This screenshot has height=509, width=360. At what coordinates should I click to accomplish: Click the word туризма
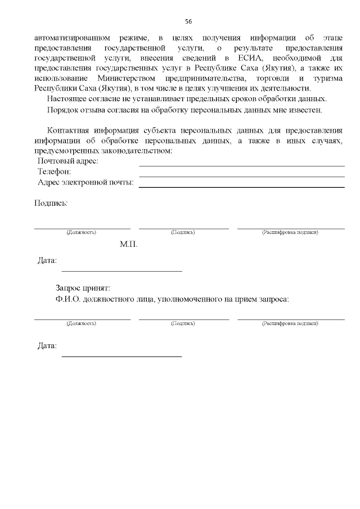coord(327,79)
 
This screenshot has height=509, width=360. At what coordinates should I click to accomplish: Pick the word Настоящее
coord(67,99)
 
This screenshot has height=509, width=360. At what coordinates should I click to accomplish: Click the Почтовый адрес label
coord(67,161)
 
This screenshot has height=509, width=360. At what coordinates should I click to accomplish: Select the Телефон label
coord(54,172)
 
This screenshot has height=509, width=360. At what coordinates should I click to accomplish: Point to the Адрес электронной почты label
coord(85,182)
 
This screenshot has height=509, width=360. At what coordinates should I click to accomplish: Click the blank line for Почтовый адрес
coord(242,165)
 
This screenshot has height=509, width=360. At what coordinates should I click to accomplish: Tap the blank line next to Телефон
coord(242,176)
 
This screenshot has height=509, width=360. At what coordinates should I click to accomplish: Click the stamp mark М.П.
coord(128,245)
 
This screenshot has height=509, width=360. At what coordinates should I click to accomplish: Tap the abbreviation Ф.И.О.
coord(67,299)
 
